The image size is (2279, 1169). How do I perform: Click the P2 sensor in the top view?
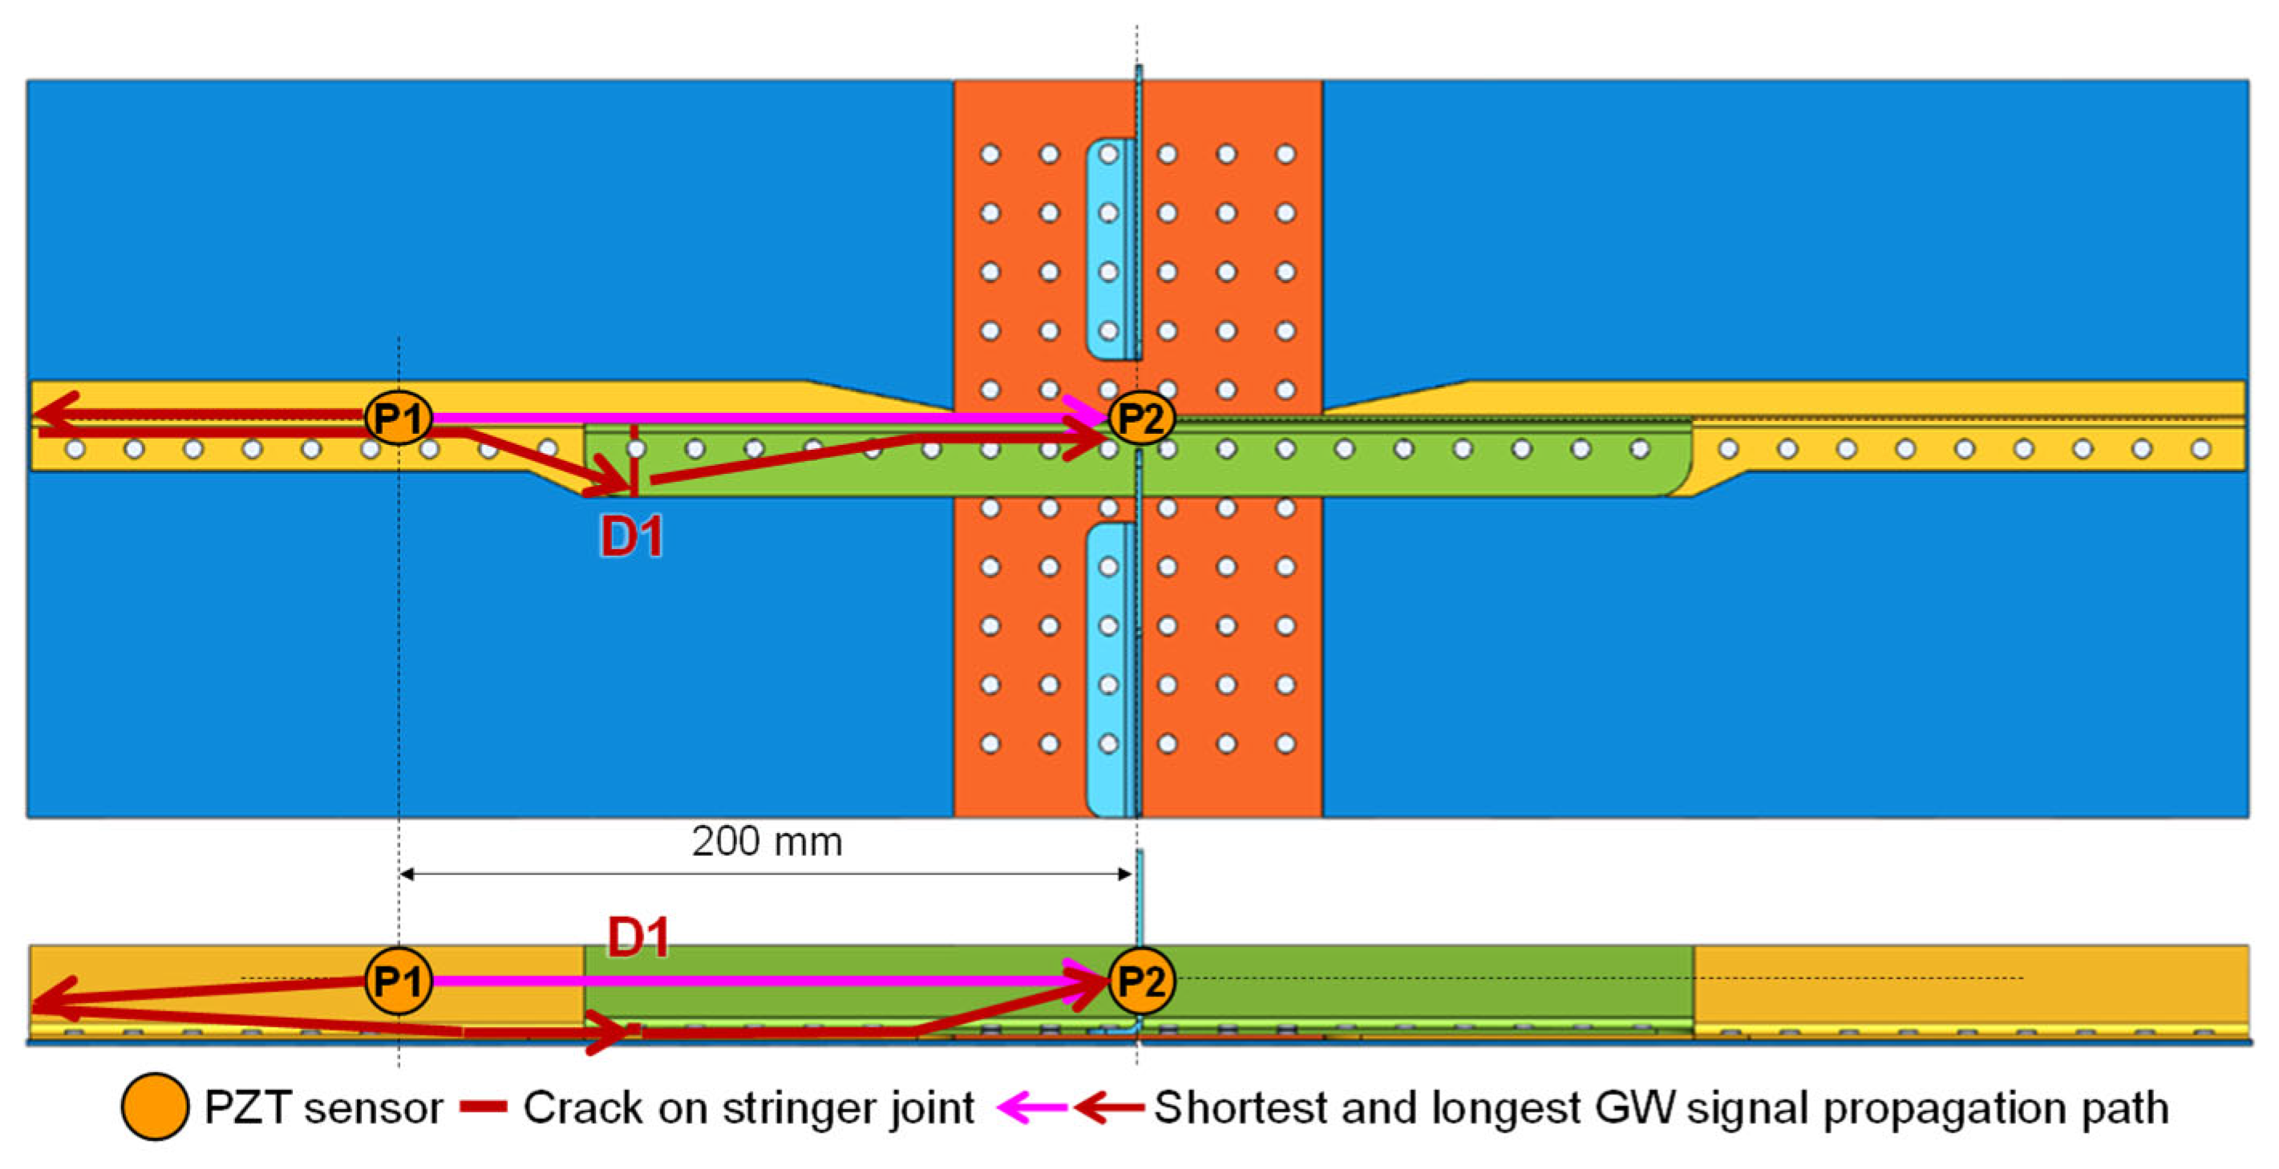(x=1141, y=418)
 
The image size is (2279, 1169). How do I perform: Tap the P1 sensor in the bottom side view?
(x=398, y=980)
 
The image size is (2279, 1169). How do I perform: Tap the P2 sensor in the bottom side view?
(x=1141, y=980)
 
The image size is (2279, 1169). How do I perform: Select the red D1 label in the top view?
(x=632, y=536)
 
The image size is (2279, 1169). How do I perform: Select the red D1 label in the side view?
(x=638, y=937)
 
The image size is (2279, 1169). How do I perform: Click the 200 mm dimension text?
(x=767, y=842)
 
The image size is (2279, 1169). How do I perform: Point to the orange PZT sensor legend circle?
(x=155, y=1106)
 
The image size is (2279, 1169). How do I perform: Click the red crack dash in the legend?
(x=483, y=1107)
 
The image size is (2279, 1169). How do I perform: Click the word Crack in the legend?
(x=582, y=1107)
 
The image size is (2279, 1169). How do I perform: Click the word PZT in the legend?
(x=247, y=1107)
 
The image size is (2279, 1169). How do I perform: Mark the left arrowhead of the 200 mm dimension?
(x=407, y=874)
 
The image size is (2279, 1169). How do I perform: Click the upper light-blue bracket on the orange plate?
(x=1108, y=248)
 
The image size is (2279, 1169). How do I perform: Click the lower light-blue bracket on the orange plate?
(x=1108, y=668)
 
